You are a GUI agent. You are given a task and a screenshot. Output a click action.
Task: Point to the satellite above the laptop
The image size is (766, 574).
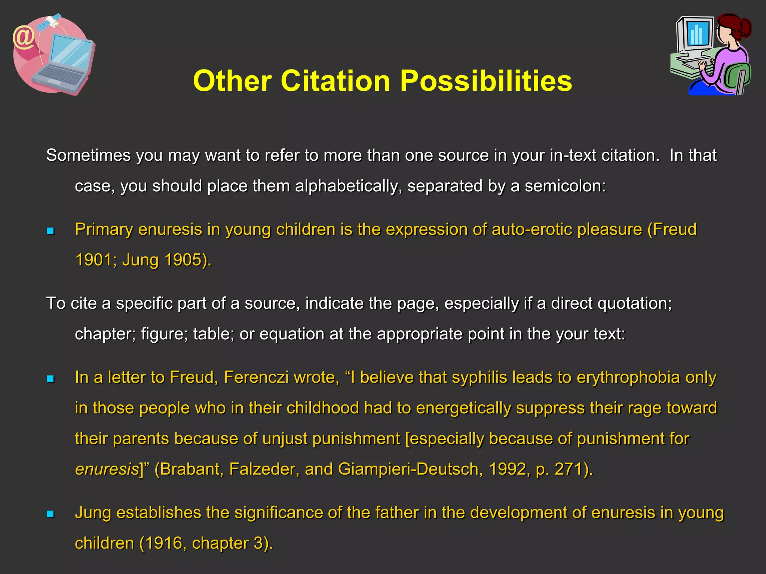click(x=51, y=22)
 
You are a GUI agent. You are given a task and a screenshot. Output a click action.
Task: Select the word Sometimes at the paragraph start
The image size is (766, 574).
click(x=88, y=155)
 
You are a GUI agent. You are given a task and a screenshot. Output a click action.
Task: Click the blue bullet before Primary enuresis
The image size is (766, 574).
click(x=50, y=231)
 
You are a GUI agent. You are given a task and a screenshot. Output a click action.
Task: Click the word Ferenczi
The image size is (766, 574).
click(x=256, y=377)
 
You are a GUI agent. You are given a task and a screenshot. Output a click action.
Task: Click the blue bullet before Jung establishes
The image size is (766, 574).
click(x=50, y=514)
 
